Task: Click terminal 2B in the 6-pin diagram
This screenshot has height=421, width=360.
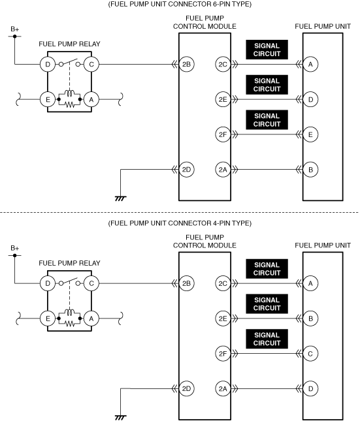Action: pos(186,65)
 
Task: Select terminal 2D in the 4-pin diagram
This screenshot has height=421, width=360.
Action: pos(186,388)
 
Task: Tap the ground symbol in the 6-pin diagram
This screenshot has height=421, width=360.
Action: pos(120,198)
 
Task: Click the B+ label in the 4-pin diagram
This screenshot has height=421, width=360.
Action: pos(15,248)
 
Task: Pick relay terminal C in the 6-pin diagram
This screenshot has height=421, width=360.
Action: pos(91,65)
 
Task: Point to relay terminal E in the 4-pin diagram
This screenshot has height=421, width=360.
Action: pos(48,319)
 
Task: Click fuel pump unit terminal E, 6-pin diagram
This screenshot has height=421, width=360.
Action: pos(310,134)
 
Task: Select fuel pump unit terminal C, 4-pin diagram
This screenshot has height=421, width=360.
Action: pos(310,354)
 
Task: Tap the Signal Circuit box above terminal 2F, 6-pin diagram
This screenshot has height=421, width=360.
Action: pos(267,119)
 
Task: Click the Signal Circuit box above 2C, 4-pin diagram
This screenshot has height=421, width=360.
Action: pos(267,269)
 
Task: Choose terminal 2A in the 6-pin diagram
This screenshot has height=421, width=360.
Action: pos(223,170)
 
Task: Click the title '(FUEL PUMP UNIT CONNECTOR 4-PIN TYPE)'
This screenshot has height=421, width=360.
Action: pos(180,223)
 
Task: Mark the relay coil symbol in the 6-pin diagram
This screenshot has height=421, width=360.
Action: pos(70,93)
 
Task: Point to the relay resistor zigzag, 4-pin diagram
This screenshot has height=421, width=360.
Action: pos(70,324)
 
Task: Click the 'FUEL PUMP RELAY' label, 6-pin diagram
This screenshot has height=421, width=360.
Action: pos(69,44)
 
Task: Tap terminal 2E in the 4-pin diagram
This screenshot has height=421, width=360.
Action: pos(223,319)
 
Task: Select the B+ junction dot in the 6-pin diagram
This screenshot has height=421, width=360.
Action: pos(15,37)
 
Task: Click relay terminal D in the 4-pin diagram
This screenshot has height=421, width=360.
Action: pos(48,283)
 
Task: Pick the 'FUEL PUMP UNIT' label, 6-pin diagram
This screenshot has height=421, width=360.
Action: pos(323,26)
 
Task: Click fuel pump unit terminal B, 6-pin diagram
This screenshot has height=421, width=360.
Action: pos(310,170)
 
